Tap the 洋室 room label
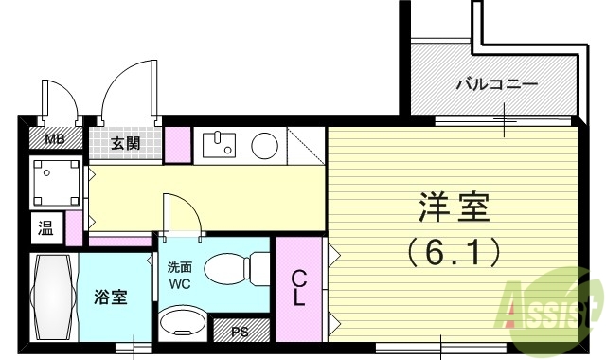[454, 207]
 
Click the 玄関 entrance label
[125, 143]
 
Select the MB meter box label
[56, 140]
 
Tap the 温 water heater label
[45, 227]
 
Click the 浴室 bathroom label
[113, 296]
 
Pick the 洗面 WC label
[180, 275]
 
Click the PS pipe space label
[241, 333]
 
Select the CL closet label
[297, 288]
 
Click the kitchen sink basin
[221, 145]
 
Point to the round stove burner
[264, 145]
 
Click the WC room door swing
[183, 214]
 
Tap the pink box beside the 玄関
[177, 142]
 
